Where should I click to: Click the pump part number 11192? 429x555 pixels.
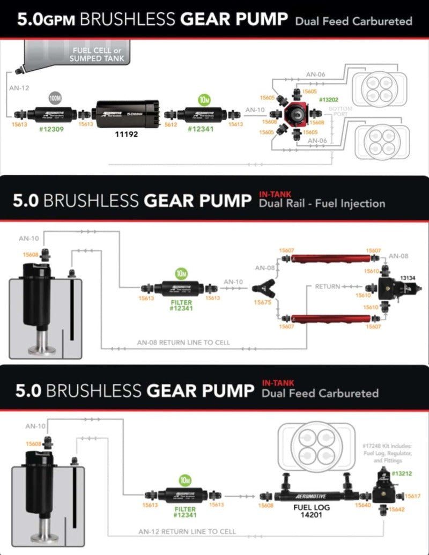(x=127, y=135)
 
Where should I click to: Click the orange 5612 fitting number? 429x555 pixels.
(x=171, y=124)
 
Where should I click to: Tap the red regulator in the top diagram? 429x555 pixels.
(x=296, y=114)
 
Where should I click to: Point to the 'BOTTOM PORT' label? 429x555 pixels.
(x=344, y=112)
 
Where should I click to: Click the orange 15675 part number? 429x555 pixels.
(x=263, y=302)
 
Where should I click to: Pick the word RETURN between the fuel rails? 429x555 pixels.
(x=327, y=287)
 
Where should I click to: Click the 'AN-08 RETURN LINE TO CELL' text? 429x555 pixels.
(x=183, y=343)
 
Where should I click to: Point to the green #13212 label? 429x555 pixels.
(x=402, y=473)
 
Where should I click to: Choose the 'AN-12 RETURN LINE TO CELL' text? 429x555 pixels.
(x=187, y=532)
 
